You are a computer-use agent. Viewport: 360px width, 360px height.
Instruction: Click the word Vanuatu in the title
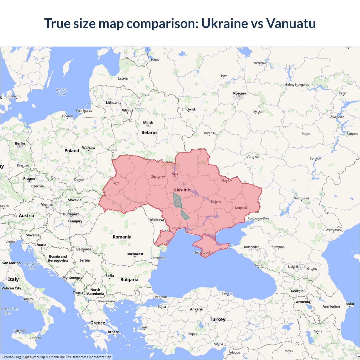click(291, 23)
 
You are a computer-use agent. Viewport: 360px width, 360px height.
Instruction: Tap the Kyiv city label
click(175, 174)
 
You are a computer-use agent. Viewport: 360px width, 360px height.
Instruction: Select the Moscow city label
click(239, 93)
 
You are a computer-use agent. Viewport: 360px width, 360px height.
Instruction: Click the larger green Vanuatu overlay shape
click(177, 201)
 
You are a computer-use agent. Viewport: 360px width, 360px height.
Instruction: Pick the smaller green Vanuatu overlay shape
click(184, 215)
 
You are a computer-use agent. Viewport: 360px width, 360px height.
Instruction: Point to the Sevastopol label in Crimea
click(202, 252)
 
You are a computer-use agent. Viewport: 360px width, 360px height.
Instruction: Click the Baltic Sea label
click(62, 92)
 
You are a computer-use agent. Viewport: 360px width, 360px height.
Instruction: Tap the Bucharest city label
click(135, 254)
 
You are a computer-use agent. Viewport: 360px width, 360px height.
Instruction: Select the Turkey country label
click(217, 319)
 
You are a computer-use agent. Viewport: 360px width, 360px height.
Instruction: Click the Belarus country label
click(149, 132)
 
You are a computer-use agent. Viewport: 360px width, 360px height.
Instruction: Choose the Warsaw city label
click(89, 148)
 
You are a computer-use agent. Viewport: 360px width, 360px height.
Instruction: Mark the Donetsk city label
click(241, 208)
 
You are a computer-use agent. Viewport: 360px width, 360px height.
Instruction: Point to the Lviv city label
click(116, 183)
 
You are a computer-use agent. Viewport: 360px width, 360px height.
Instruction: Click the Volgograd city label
click(301, 198)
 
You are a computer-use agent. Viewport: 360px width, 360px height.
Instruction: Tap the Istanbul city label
click(161, 297)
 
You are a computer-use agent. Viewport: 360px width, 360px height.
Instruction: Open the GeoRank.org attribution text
click(11, 357)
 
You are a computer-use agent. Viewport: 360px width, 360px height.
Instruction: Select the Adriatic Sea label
click(31, 266)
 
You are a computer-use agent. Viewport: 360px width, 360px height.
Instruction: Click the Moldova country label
click(157, 220)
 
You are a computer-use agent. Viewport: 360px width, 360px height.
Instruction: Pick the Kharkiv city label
click(226, 181)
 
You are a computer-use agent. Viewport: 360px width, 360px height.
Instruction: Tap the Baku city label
click(350, 304)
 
